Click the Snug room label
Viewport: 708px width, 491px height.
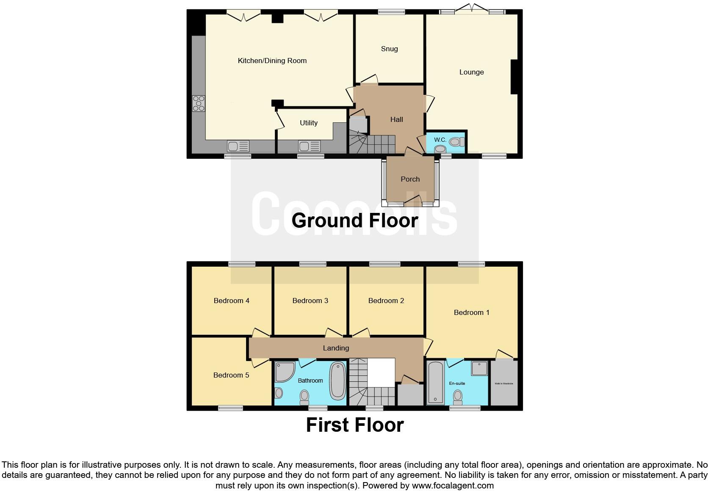(x=389, y=49)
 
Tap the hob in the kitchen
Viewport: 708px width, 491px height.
(x=199, y=103)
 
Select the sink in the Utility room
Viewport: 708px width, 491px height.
(x=309, y=146)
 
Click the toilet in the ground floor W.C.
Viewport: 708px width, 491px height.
(x=455, y=142)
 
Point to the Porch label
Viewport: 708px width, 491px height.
(x=410, y=179)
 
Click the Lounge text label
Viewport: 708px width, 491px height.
(x=471, y=72)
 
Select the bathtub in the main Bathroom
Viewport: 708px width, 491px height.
(x=337, y=381)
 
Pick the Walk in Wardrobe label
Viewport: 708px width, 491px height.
(x=503, y=383)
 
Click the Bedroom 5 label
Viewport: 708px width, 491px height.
(x=231, y=375)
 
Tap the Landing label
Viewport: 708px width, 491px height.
(x=336, y=348)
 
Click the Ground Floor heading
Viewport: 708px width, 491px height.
(x=354, y=221)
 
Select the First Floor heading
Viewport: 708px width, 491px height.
(x=354, y=425)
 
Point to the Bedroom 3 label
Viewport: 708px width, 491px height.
(x=310, y=301)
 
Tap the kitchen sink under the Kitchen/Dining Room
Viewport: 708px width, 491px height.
(x=238, y=146)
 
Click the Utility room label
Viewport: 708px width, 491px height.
(x=308, y=123)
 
